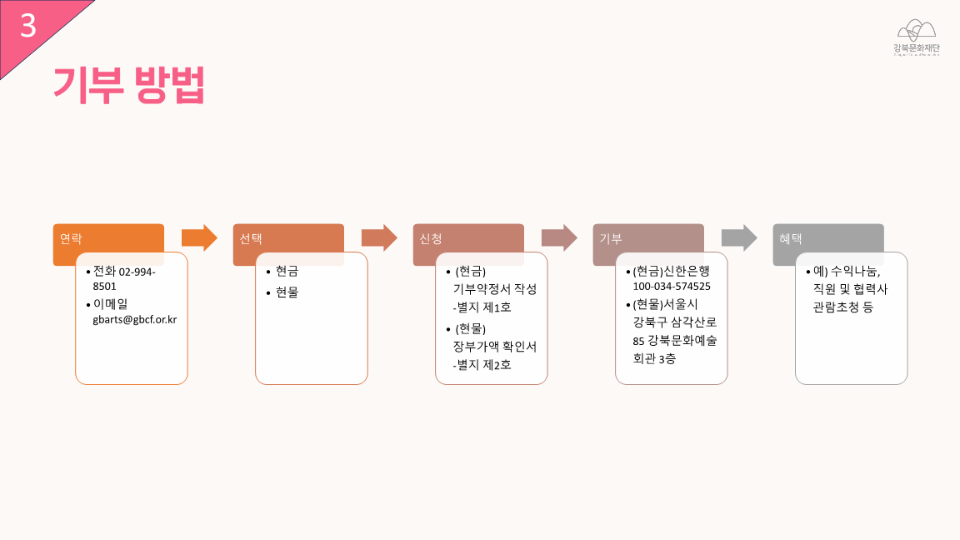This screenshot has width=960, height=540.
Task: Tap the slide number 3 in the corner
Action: point(28,26)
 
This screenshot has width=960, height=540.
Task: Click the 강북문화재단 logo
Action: point(916,38)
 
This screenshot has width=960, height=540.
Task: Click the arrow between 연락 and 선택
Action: point(199,237)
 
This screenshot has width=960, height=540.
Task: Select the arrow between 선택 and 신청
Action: point(379,237)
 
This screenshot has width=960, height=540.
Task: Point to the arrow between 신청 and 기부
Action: point(559,237)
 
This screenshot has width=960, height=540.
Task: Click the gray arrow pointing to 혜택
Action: point(739,237)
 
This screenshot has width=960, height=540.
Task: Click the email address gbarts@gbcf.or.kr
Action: point(134,320)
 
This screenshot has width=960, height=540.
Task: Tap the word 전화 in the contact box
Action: point(105,271)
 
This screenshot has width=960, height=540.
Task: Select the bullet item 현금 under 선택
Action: point(287,271)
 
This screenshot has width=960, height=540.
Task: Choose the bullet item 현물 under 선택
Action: point(287,292)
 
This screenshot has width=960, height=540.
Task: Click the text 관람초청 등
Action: point(843,307)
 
